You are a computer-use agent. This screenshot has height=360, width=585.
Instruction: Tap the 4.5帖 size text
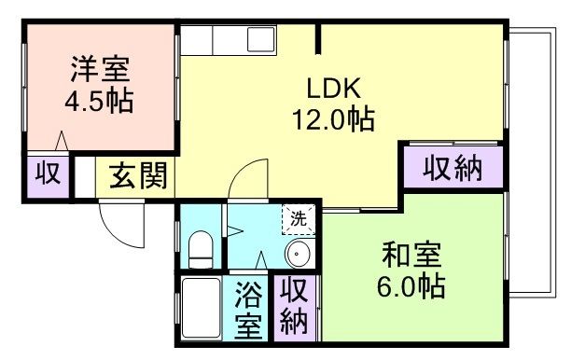click(x=98, y=99)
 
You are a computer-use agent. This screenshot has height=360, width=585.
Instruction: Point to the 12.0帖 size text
click(x=335, y=119)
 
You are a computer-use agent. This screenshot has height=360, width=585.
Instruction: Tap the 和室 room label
click(x=411, y=254)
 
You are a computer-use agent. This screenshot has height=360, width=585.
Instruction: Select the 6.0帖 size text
click(x=411, y=284)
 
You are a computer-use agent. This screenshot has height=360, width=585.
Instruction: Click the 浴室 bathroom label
click(x=247, y=310)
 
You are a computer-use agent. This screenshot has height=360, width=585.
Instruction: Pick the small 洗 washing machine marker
click(x=298, y=220)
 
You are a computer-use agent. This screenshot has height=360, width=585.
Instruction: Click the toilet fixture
click(x=200, y=249)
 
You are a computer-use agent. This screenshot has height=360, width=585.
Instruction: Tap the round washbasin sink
click(x=299, y=253)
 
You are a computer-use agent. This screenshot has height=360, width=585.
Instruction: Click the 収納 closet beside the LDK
click(x=453, y=169)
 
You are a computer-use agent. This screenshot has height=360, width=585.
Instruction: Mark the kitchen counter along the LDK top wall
click(x=228, y=43)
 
